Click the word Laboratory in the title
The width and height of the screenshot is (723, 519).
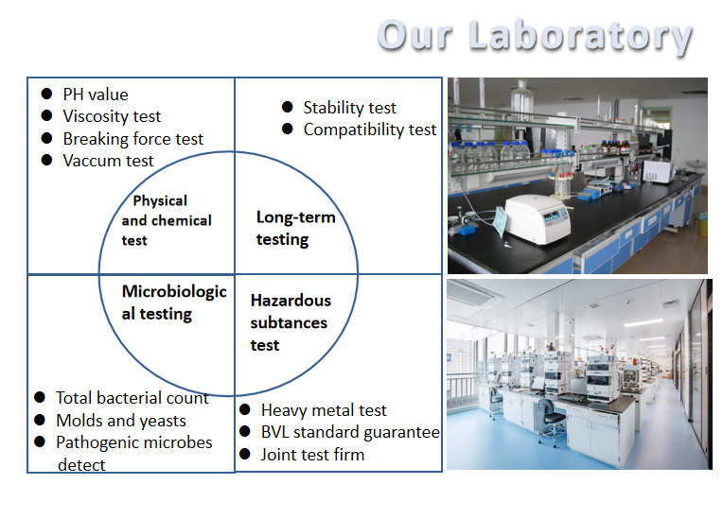click(580, 37)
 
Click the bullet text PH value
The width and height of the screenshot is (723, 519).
click(96, 95)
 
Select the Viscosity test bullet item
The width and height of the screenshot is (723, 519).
click(112, 116)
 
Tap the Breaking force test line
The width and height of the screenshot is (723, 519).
click(133, 139)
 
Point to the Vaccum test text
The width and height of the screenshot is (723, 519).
click(109, 161)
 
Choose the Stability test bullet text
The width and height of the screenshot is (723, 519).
click(349, 108)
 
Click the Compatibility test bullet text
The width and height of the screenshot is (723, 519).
click(370, 130)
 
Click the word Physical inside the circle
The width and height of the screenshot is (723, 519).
click(160, 200)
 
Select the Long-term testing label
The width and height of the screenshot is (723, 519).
click(295, 229)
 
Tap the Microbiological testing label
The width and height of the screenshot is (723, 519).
click(174, 303)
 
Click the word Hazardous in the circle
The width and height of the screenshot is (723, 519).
click(291, 301)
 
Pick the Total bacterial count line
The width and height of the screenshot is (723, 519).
click(132, 398)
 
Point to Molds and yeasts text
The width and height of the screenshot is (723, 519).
click(121, 421)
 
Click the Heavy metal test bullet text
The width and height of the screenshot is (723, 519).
click(324, 410)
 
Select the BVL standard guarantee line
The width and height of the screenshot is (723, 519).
click(350, 432)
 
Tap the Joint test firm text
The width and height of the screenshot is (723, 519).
click(312, 455)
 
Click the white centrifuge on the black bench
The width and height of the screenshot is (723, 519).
click(538, 218)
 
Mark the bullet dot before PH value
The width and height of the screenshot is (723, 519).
click(46, 94)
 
